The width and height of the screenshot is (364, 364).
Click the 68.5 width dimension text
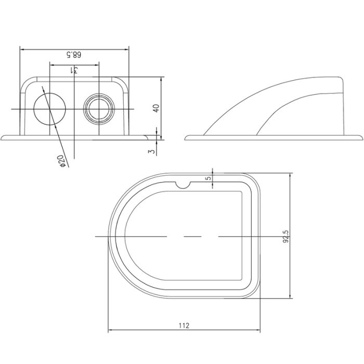click(74, 55)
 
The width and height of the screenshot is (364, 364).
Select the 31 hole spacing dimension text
click(74, 70)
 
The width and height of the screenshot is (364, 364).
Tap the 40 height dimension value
click(156, 108)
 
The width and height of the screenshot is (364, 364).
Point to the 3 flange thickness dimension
click(152, 151)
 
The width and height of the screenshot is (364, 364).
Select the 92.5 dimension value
click(284, 236)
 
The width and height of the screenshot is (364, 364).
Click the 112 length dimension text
click(183, 326)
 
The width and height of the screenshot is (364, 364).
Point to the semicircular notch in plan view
click(184, 184)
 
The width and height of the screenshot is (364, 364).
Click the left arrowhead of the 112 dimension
click(110, 331)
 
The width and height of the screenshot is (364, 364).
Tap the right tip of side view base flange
click(359, 138)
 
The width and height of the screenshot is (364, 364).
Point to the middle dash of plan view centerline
click(192, 237)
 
